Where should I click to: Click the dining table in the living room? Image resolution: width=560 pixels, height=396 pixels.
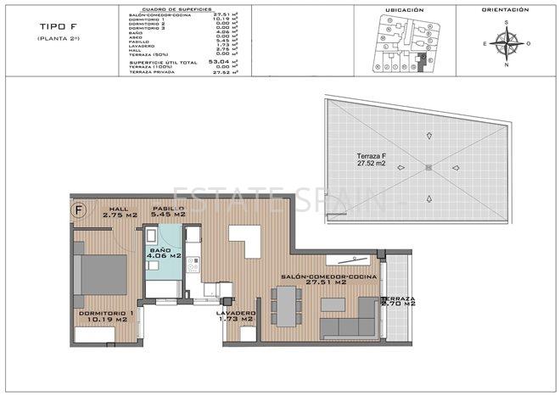pos(286,304)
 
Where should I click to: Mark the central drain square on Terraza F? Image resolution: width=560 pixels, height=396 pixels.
pos(428,168)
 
